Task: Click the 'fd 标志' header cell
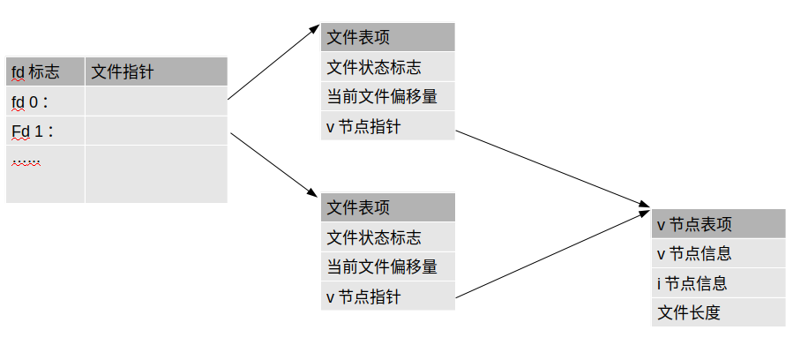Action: click(x=45, y=71)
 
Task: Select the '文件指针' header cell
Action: click(x=156, y=71)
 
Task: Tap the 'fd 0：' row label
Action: click(x=45, y=101)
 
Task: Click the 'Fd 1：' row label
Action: click(x=45, y=131)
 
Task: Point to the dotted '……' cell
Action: click(x=45, y=174)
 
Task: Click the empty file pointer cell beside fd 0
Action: click(x=156, y=101)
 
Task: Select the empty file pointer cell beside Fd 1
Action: click(x=156, y=131)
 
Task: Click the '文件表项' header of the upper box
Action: click(x=387, y=37)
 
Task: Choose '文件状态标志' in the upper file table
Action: click(x=387, y=66)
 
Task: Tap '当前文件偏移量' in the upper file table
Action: click(x=387, y=96)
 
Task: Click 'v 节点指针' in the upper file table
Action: click(x=387, y=126)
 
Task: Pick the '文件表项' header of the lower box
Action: click(x=387, y=207)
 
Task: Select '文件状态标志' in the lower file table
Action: click(x=387, y=236)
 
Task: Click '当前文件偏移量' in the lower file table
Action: click(x=387, y=266)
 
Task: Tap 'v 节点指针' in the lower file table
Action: click(x=387, y=296)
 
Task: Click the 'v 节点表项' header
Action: click(x=718, y=223)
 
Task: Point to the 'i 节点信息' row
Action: click(x=718, y=282)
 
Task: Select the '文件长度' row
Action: click(x=718, y=312)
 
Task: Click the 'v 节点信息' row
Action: click(x=718, y=253)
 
